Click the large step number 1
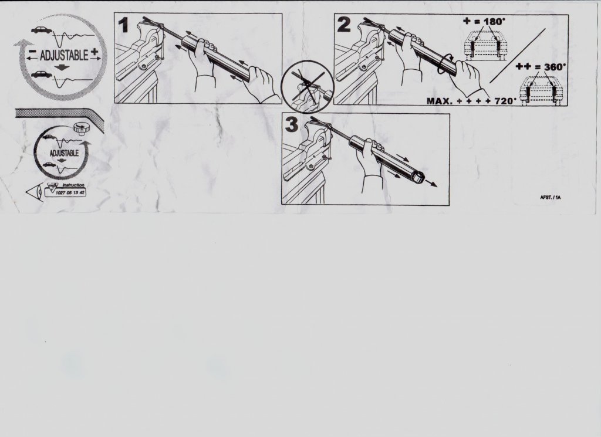click(123, 25)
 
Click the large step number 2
click(344, 25)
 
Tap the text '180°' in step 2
click(495, 22)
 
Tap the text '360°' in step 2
click(555, 67)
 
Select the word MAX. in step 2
click(440, 101)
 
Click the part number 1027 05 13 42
click(70, 192)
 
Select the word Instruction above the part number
click(73, 185)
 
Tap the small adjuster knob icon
click(80, 128)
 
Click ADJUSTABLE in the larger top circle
click(63, 56)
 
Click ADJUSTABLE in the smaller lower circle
click(64, 153)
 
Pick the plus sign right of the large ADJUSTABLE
click(94, 52)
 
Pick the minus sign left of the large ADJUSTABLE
click(33, 51)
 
